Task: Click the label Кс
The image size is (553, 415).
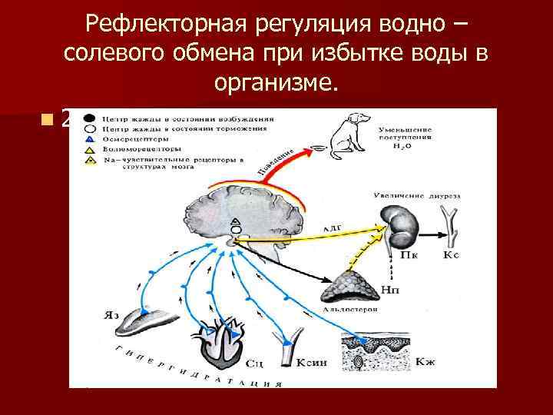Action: (x=451, y=255)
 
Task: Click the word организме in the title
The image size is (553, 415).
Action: (x=277, y=83)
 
